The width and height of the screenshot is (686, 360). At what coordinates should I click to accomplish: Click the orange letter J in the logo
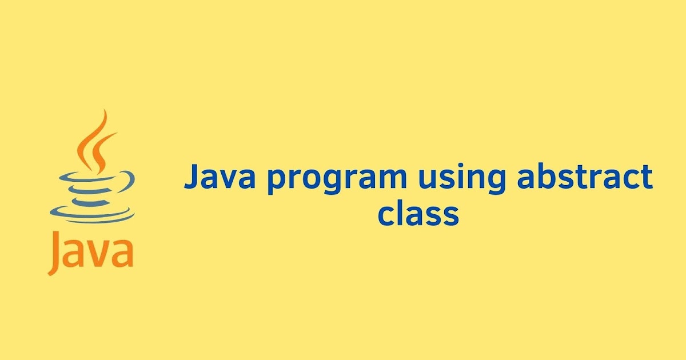pos(54,251)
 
